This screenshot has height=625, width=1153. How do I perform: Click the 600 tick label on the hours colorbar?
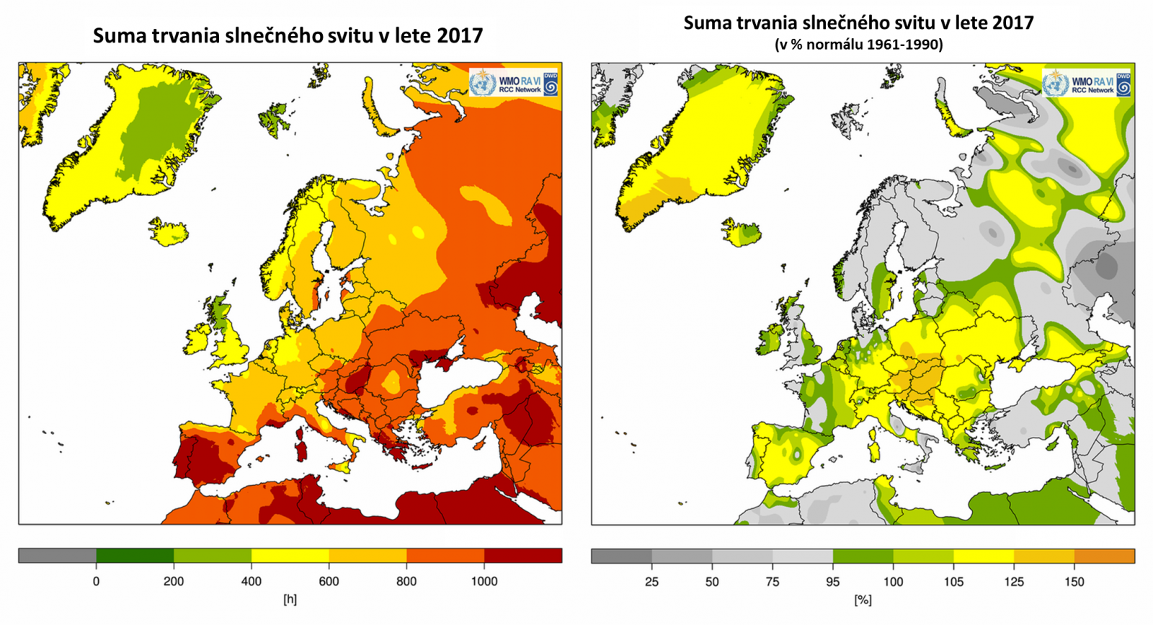tap(329, 582)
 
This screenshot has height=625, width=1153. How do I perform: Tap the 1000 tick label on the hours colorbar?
tap(484, 582)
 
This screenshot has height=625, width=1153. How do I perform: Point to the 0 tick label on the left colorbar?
tap(96, 582)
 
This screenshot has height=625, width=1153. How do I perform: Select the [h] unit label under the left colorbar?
tap(290, 599)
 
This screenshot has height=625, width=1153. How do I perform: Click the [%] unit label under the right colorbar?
tap(863, 599)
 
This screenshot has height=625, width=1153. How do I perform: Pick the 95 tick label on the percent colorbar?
tap(833, 582)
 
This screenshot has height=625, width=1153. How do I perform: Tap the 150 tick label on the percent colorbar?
tap(1074, 582)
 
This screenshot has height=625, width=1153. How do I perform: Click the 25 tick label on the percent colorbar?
tap(651, 582)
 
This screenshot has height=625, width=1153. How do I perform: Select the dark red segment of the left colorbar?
tap(522, 556)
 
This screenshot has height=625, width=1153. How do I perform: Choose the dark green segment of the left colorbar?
tap(135, 556)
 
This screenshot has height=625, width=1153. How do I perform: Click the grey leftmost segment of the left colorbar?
tap(57, 556)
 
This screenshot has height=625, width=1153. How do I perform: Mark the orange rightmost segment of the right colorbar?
tap(1104, 556)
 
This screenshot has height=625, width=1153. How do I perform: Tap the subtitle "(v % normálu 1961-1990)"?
tap(858, 45)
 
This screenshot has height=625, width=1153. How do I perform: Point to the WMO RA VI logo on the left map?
tap(514, 84)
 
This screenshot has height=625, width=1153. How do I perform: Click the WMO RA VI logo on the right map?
tap(1087, 84)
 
